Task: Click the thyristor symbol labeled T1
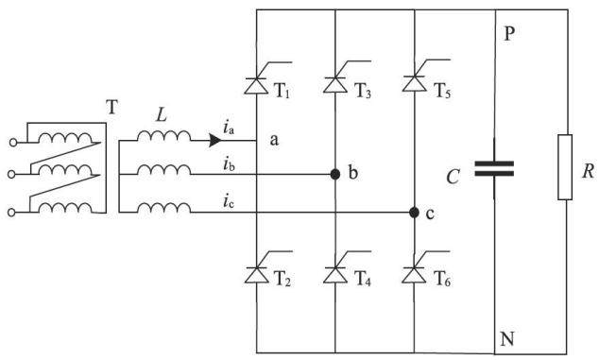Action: click(x=256, y=85)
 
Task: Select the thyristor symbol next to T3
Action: click(x=335, y=84)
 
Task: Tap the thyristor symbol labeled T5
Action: click(x=415, y=83)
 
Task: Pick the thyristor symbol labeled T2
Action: click(x=256, y=274)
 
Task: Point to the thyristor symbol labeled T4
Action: click(x=335, y=274)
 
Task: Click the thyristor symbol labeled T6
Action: click(x=415, y=274)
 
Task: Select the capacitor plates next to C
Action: click(x=494, y=168)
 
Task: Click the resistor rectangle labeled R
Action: click(x=565, y=167)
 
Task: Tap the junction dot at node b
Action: click(x=335, y=174)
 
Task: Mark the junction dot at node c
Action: click(x=414, y=212)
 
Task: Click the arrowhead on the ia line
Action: click(x=215, y=140)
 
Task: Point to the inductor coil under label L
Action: click(x=163, y=136)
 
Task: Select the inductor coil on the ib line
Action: click(x=163, y=170)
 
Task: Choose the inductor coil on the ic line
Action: click(x=163, y=208)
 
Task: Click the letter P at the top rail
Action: click(x=509, y=34)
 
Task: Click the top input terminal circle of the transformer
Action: click(x=13, y=143)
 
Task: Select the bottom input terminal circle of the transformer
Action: click(x=11, y=213)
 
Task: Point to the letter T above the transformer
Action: click(x=111, y=108)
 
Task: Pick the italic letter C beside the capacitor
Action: click(x=453, y=177)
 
